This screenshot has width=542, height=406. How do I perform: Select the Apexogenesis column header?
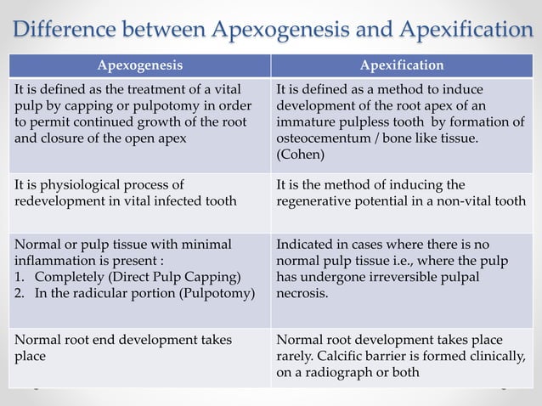coord(139,65)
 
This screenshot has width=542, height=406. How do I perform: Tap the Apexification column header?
coord(402,65)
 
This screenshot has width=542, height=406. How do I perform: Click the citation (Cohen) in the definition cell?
coord(302,156)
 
